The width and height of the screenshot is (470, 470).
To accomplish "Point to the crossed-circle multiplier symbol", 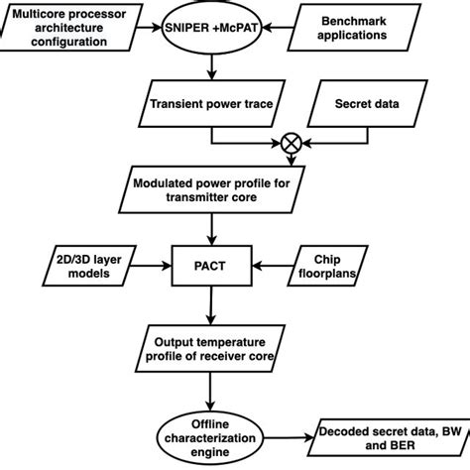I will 292,143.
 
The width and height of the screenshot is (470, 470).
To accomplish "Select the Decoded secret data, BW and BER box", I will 384,436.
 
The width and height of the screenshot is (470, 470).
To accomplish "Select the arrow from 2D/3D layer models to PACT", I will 154,266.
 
